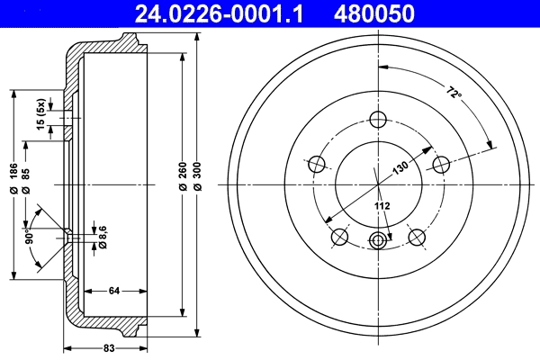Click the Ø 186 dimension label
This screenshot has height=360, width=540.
click(13, 177)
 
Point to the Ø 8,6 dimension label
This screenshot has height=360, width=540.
click(103, 235)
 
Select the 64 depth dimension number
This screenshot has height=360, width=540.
click(114, 290)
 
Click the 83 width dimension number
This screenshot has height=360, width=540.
click(107, 347)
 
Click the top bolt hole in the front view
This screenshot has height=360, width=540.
click(378, 120)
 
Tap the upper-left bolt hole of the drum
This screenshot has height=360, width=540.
click(317, 165)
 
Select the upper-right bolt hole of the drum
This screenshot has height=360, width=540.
click(440, 165)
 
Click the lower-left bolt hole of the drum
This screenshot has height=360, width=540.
click(340, 237)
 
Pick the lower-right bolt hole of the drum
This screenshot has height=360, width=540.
click(417, 237)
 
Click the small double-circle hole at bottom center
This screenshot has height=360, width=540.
click(378, 240)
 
